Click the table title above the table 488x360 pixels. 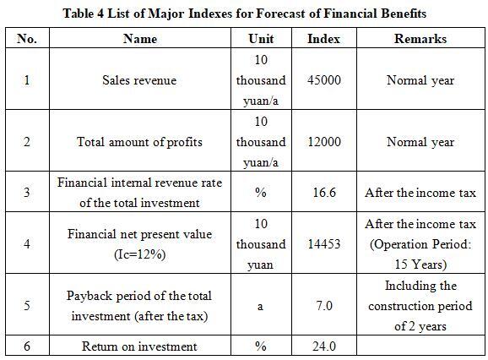(244, 14)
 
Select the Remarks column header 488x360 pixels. (420, 39)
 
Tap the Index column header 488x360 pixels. (323, 39)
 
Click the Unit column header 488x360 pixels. (261, 39)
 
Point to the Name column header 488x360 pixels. (140, 39)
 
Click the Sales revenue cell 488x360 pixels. (139, 80)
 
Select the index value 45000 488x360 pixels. (324, 80)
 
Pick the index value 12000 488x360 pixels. (324, 142)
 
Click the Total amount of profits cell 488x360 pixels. (139, 142)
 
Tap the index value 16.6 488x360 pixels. (324, 192)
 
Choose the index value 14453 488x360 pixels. (324, 243)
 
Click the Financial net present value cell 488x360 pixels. (140, 244)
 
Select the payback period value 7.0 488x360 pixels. (324, 306)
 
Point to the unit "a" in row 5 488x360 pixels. (260, 307)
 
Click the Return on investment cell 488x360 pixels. (139, 346)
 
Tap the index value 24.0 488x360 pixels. (324, 346)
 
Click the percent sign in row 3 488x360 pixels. (261, 193)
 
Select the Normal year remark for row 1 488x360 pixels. (420, 80)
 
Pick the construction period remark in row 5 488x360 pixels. (420, 306)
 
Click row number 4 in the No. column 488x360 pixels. (27, 243)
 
